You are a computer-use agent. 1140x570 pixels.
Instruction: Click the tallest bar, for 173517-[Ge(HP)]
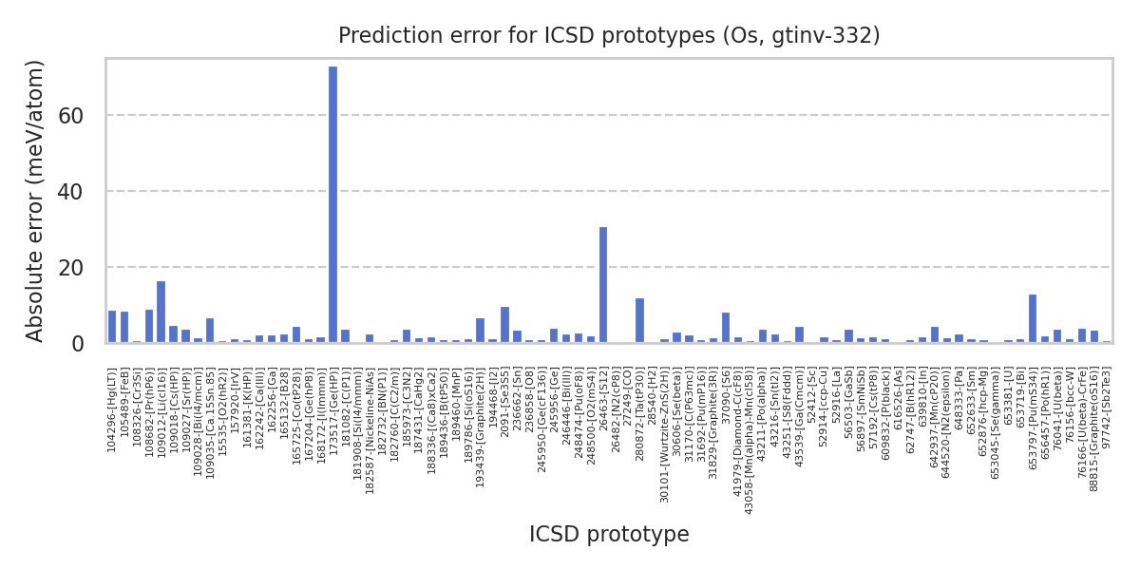[332, 204]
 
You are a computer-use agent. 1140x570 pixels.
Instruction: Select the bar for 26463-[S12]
[603, 285]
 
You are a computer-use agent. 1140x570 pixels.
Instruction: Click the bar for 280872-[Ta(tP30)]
[639, 320]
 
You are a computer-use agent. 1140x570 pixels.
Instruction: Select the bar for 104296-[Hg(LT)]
[112, 327]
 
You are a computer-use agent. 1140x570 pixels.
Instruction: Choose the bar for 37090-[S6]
[726, 328]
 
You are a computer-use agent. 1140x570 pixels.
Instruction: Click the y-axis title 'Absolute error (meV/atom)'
[36, 200]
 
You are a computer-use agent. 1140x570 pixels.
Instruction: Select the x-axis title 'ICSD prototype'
[609, 535]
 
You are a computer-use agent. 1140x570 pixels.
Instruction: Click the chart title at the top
[609, 36]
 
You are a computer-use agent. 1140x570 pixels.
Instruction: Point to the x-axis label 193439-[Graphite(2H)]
[481, 414]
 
